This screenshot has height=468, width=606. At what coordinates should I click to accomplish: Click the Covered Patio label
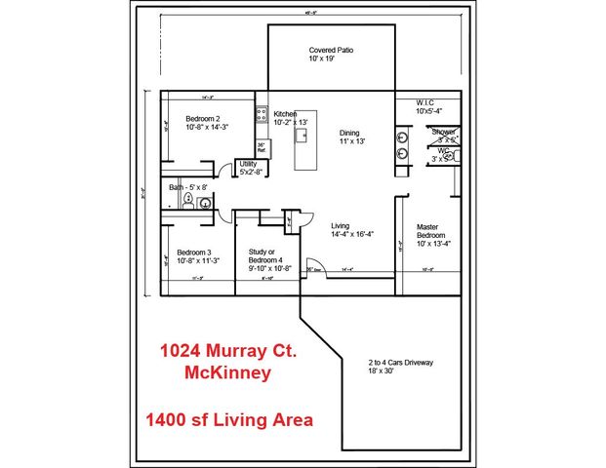[329, 50]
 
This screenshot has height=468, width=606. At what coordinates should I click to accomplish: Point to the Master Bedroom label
[430, 230]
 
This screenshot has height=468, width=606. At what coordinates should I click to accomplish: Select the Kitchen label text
[285, 113]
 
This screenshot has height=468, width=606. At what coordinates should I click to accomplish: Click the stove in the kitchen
[262, 114]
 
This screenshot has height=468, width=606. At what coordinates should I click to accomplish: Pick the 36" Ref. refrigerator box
[262, 148]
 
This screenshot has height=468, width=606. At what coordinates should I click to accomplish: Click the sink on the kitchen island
[303, 135]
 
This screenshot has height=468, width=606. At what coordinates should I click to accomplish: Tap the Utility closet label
[248, 164]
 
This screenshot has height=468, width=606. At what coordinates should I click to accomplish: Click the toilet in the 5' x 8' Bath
[187, 198]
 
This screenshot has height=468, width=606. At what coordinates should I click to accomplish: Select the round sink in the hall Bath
[205, 203]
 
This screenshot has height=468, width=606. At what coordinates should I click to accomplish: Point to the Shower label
[444, 131]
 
